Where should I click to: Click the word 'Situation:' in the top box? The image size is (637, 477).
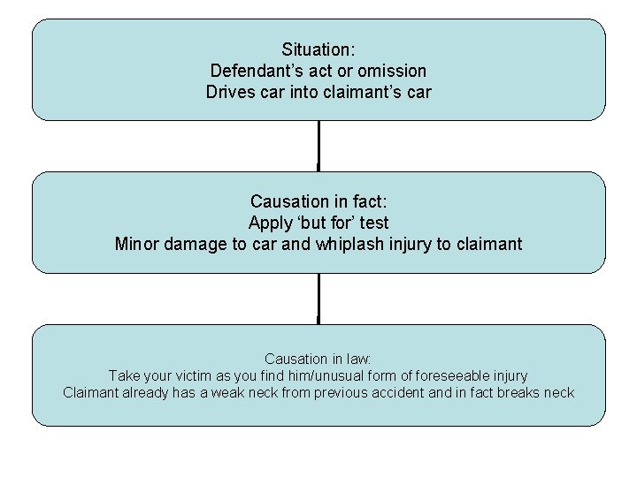318,49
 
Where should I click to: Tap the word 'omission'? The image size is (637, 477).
393,71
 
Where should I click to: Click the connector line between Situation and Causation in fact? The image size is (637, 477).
318,146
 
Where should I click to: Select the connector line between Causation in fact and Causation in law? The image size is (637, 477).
318,299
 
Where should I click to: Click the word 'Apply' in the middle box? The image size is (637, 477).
270,223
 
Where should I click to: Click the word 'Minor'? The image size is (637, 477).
135,244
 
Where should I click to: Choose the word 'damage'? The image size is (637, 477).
193,244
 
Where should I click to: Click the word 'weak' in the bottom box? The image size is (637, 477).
229,392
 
